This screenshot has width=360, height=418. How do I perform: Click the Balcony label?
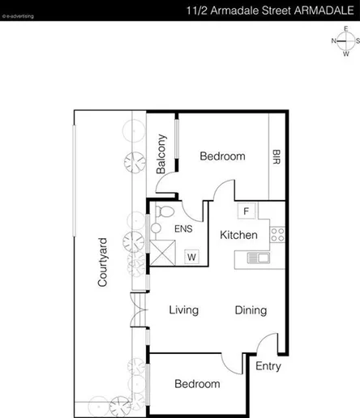162,153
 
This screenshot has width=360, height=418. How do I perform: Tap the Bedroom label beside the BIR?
222,156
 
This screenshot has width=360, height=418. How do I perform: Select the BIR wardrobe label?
276,156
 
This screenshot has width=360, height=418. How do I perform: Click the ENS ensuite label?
184,229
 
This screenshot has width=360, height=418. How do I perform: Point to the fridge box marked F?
245,211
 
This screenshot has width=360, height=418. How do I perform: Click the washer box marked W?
192,257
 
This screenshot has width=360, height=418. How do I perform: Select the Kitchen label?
239,236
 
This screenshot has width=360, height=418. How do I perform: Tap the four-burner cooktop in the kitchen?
277,235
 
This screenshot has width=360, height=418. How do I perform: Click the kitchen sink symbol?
257,258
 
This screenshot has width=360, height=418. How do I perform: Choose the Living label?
184,310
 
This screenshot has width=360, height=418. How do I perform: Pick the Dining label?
251,310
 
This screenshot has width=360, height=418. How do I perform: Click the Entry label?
268,366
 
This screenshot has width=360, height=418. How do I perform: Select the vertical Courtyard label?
103,262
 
